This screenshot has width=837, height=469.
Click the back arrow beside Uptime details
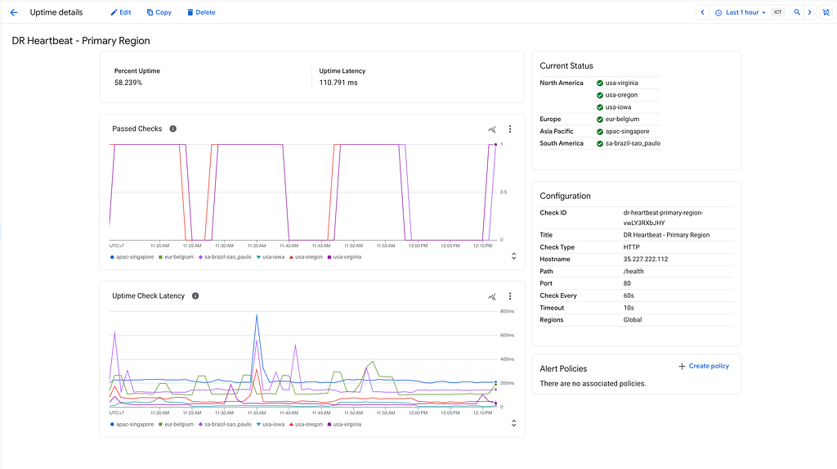click(x=14, y=12)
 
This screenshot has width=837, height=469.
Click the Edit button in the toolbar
click(x=121, y=12)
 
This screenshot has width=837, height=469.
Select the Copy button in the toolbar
click(x=159, y=12)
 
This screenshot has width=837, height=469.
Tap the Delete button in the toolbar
click(x=201, y=12)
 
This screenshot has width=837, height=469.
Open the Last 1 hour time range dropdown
click(x=741, y=12)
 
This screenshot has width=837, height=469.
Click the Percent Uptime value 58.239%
click(x=128, y=83)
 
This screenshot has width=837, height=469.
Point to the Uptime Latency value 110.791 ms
click(x=338, y=83)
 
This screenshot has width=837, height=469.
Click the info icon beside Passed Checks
click(x=173, y=129)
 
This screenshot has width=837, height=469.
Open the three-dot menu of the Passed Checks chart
click(x=510, y=129)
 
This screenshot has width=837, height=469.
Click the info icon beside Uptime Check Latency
click(x=195, y=295)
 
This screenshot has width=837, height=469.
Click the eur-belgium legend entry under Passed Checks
click(x=177, y=257)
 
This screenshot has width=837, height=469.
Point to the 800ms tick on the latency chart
click(x=507, y=311)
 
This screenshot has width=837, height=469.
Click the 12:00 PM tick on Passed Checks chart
click(x=418, y=246)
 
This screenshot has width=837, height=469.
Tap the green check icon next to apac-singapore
click(x=600, y=132)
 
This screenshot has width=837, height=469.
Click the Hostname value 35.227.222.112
click(x=646, y=259)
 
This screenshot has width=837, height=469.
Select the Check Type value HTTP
click(x=632, y=247)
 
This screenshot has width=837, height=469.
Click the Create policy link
click(x=704, y=367)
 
